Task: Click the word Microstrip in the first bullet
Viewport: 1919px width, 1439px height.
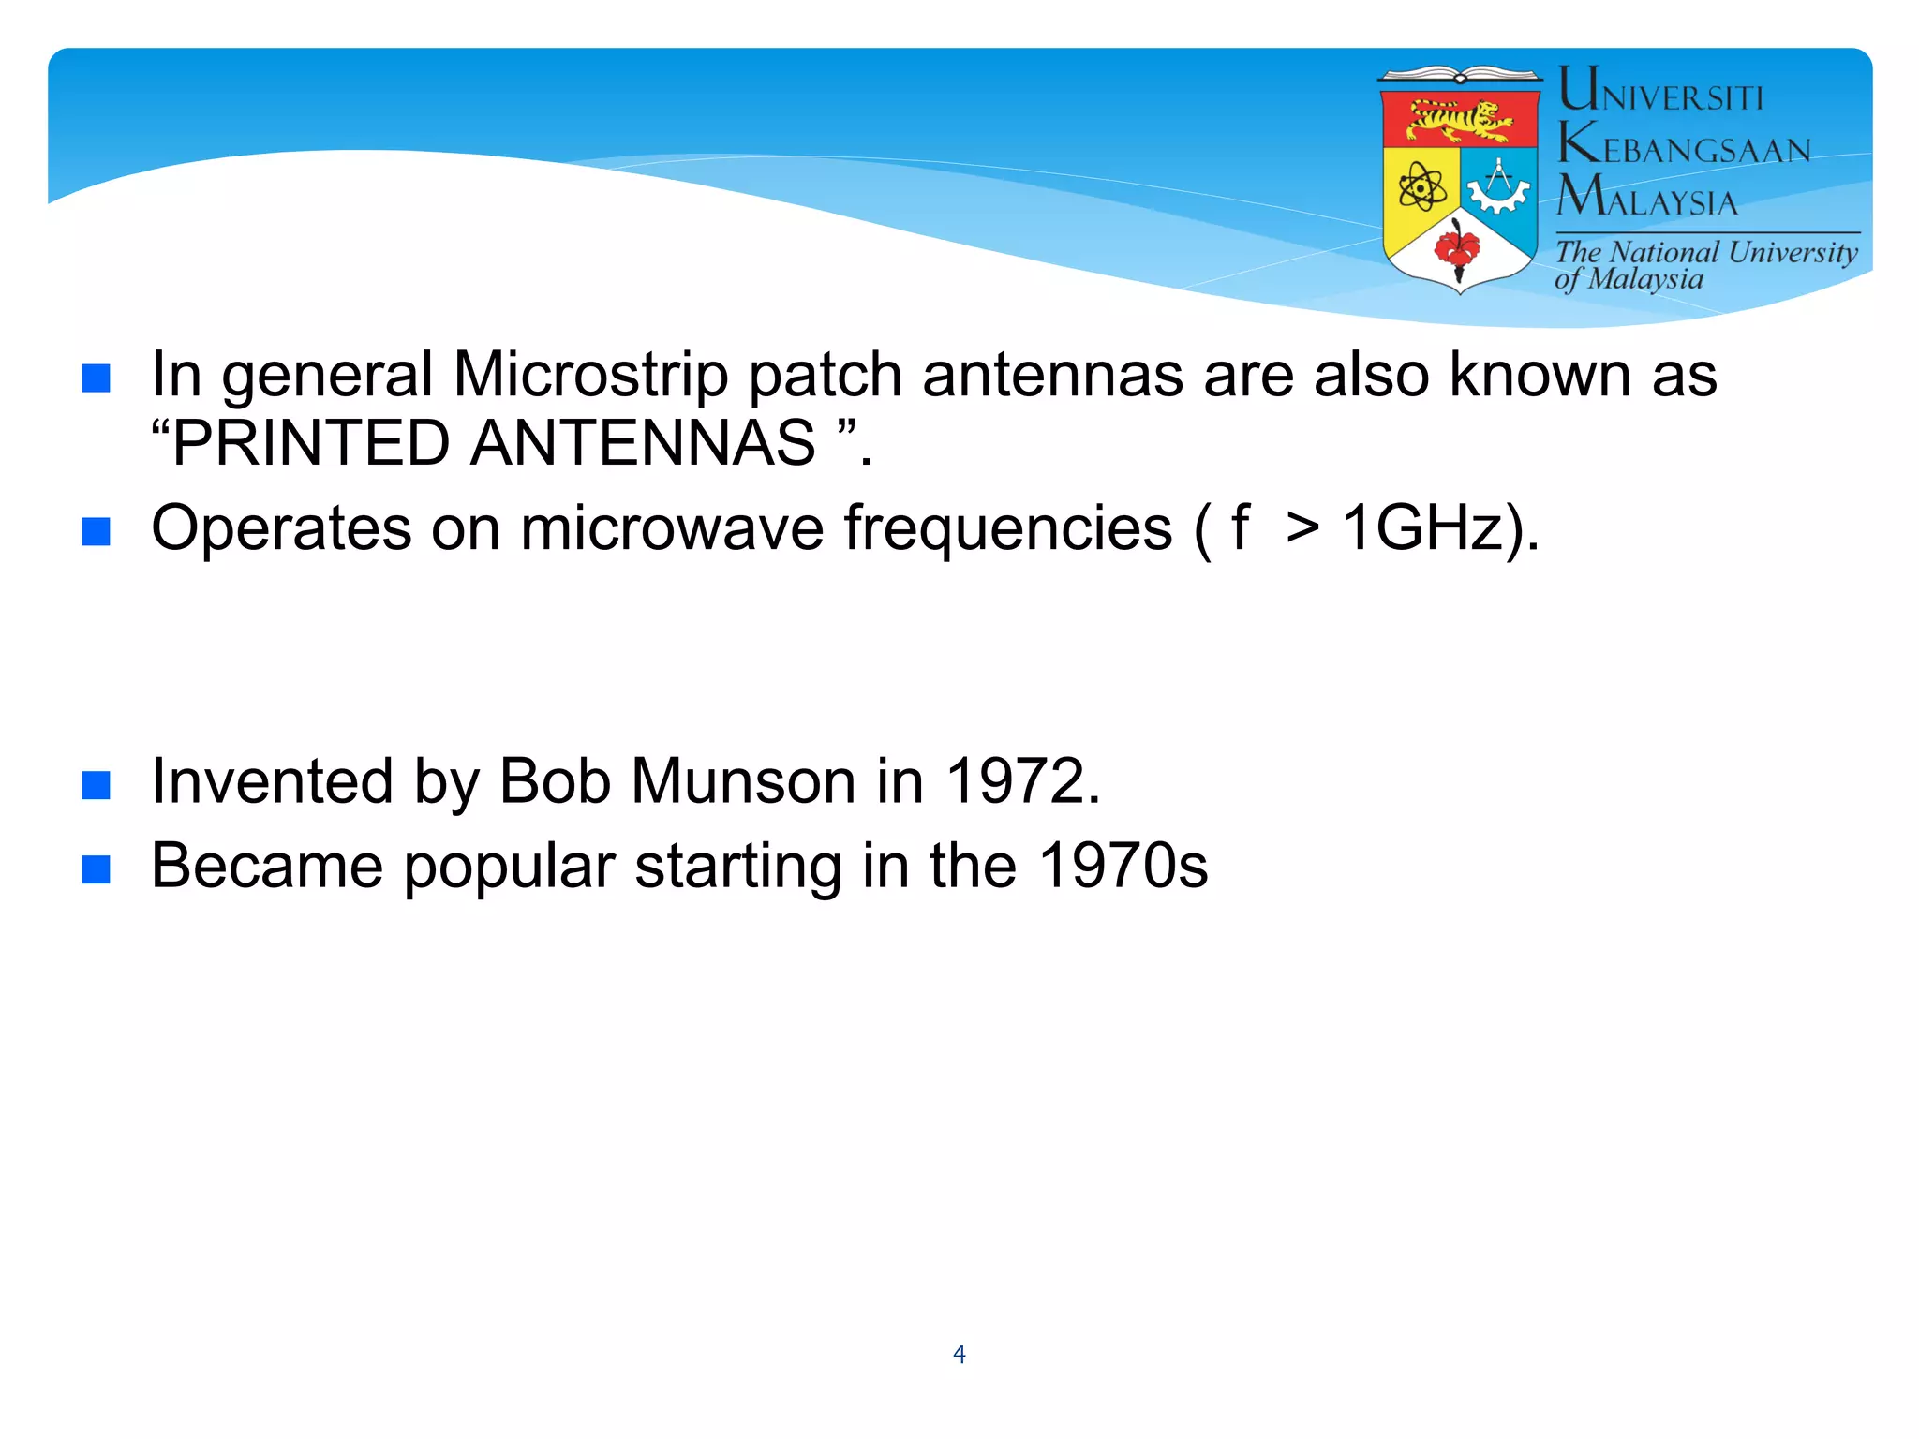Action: (590, 376)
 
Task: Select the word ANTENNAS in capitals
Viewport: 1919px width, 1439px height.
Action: (642, 444)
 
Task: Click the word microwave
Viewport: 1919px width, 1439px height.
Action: (671, 528)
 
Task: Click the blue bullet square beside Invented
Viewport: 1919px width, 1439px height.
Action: (96, 785)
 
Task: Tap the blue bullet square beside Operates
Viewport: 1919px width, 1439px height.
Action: (96, 531)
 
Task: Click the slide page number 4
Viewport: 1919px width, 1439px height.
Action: (959, 1355)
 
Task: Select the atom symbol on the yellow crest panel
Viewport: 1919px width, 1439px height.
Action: (1421, 188)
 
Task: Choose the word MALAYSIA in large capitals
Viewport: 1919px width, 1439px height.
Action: (1647, 198)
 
